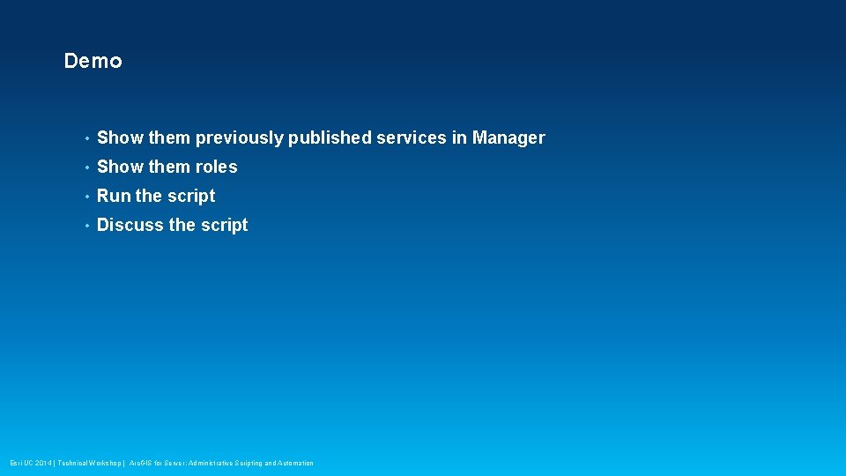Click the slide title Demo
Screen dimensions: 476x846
[93, 61]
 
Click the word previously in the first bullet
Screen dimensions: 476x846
[240, 138]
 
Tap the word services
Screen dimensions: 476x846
[412, 138]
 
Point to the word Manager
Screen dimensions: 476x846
[508, 138]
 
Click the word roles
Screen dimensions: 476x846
[216, 167]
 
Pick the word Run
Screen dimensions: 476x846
[114, 196]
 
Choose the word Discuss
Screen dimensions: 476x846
[130, 225]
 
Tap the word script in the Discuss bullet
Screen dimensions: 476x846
[224, 226]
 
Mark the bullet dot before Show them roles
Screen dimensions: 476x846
[85, 167]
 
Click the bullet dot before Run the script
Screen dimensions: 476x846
[85, 197]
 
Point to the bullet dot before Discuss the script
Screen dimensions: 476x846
[85, 226]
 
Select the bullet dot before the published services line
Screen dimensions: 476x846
[85, 138]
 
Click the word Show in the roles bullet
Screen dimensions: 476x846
[120, 167]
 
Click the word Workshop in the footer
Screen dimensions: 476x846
[102, 463]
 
